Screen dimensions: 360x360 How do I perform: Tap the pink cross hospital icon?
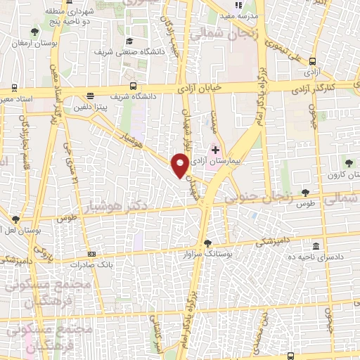coord(215,150)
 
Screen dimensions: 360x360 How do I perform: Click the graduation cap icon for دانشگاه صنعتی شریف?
coord(129,41)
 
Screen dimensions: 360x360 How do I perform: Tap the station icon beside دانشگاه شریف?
coord(89,96)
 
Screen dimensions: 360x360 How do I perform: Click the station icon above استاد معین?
coord(14,88)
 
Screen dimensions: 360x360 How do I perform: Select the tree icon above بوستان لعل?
coord(15,219)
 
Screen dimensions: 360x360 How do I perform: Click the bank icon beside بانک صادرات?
coord(91,254)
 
